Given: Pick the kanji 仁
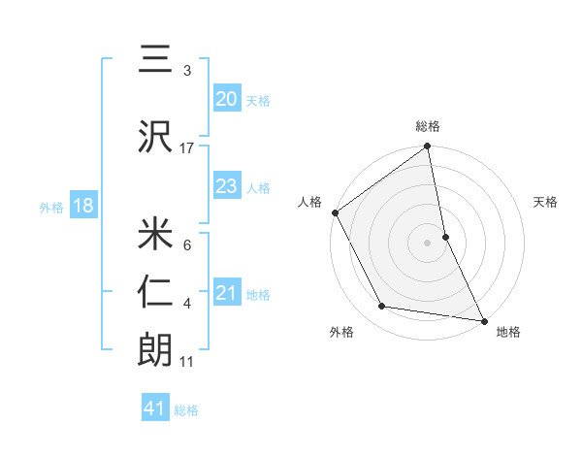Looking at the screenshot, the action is coord(155,292).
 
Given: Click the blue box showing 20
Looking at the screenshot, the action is coord(226,98).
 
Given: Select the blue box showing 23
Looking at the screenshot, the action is coord(226,186).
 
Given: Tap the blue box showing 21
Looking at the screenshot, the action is coord(226,293).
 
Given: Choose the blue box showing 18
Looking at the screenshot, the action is coord(82,206).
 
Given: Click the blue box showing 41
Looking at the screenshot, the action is coord(155,408).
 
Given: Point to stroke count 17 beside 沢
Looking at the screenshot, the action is coord(187,147).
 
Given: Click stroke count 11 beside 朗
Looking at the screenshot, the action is coord(187,362).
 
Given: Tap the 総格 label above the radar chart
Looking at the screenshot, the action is coord(428,126).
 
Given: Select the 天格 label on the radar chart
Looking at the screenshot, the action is coord(545,202).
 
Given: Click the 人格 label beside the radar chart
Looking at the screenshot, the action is coord(310,202).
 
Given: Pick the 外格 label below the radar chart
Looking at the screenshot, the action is coord(341,332).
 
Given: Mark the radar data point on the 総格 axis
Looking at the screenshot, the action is coord(428,147).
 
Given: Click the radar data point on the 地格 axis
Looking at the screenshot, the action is coord(483,319).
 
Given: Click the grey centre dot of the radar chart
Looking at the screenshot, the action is coord(428,243).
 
